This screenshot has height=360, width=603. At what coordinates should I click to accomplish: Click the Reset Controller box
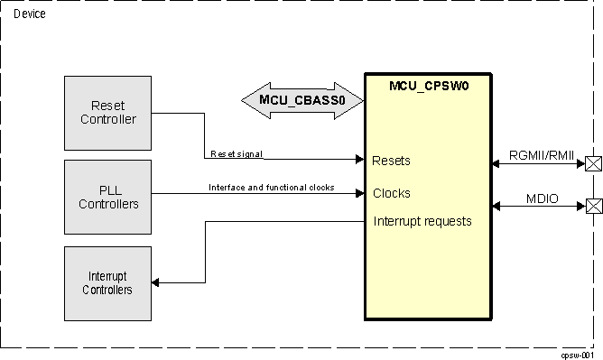(x=107, y=113)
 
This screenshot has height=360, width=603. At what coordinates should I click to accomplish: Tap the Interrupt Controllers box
(x=107, y=282)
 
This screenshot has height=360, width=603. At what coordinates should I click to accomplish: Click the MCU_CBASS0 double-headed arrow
(x=301, y=100)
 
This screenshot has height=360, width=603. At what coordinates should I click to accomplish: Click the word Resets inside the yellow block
(x=391, y=161)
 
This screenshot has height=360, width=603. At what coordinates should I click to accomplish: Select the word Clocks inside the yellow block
(x=391, y=193)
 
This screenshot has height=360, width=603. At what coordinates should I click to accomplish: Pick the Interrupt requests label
(x=422, y=221)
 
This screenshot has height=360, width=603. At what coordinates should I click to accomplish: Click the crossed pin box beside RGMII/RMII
(x=593, y=163)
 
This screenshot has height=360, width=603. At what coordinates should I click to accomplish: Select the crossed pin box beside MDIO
(x=593, y=206)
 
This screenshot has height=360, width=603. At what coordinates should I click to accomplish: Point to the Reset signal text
(x=237, y=154)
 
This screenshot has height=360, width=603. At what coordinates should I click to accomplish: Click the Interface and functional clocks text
(x=271, y=188)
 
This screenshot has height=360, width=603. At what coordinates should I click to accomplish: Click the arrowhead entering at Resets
(x=358, y=160)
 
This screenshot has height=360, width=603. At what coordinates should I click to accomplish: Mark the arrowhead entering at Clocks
(x=358, y=193)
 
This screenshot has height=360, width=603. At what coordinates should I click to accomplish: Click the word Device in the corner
(x=29, y=14)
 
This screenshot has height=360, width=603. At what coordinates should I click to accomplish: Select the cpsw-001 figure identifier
(x=578, y=354)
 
